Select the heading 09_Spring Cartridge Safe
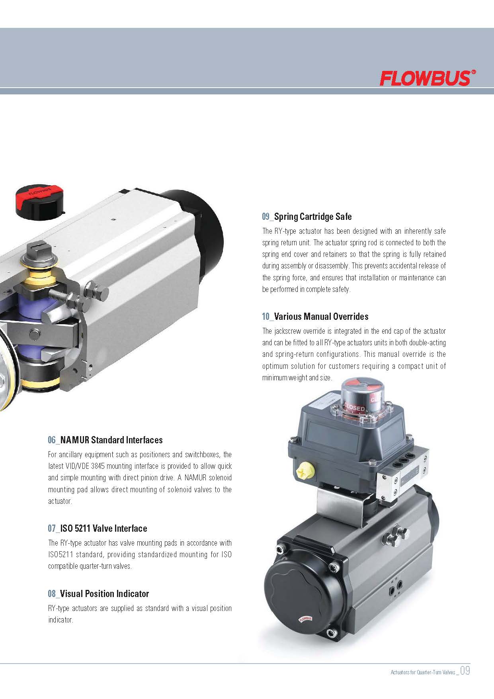point(307,217)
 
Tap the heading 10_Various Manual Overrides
point(315,317)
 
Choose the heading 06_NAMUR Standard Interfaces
point(105,440)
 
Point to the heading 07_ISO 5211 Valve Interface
point(97,529)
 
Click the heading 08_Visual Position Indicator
point(98,594)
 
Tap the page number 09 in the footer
point(465,671)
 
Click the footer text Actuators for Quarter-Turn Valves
point(423,672)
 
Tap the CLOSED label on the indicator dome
point(354,408)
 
